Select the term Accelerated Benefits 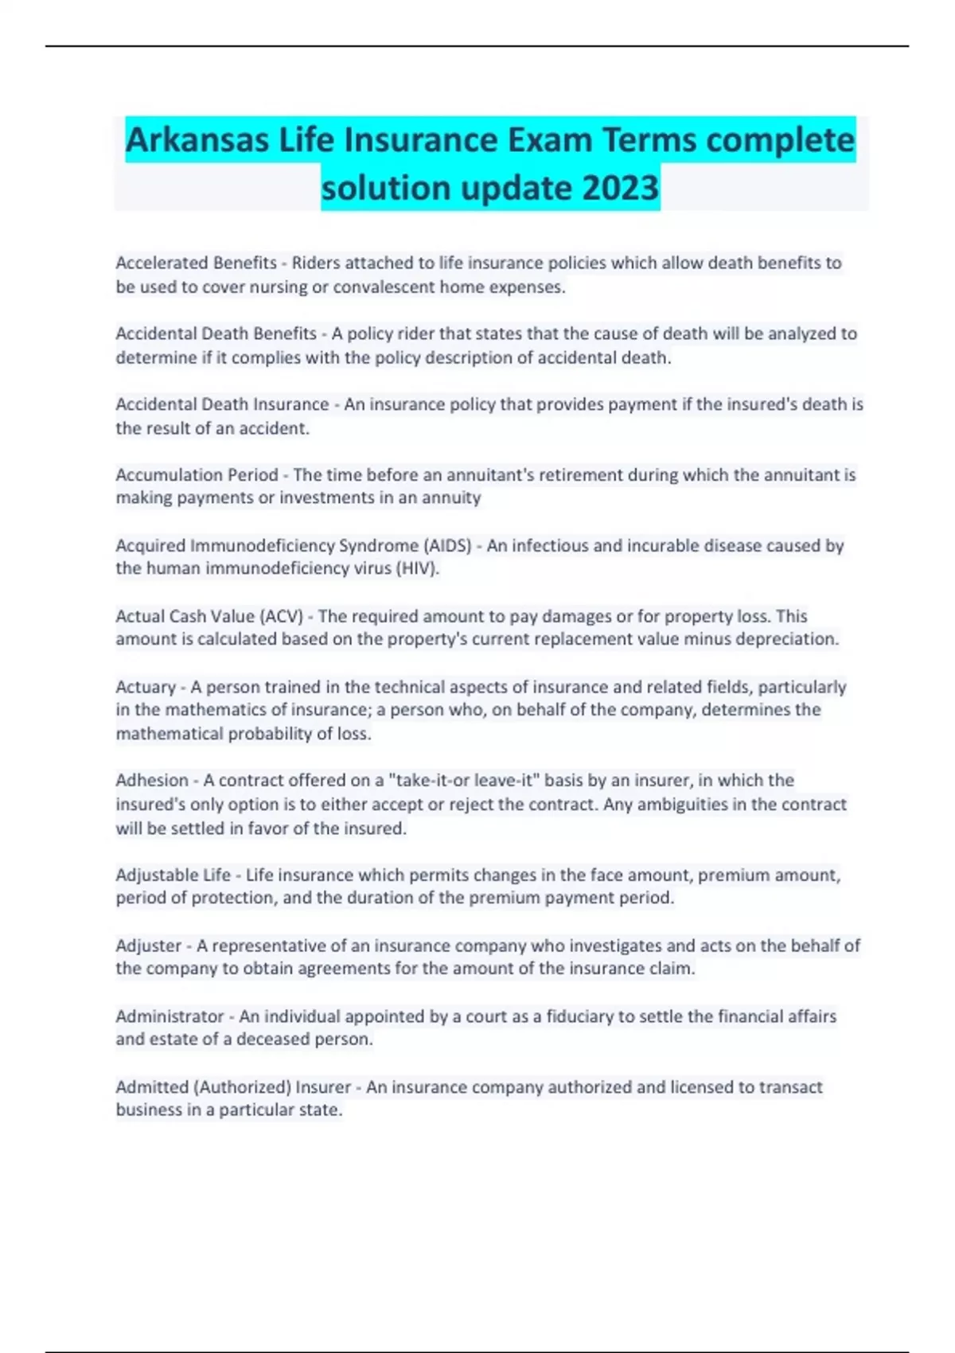pyautogui.click(x=196, y=263)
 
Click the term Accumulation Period pyautogui.click(x=197, y=475)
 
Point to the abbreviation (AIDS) pyautogui.click(x=448, y=546)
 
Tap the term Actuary pyautogui.click(x=146, y=687)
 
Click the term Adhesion pyautogui.click(x=152, y=781)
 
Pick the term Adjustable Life pyautogui.click(x=173, y=875)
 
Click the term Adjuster pyautogui.click(x=149, y=946)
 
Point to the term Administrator pyautogui.click(x=170, y=1016)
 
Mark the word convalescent pyautogui.click(x=384, y=287)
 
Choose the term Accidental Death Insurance pyautogui.click(x=222, y=404)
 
